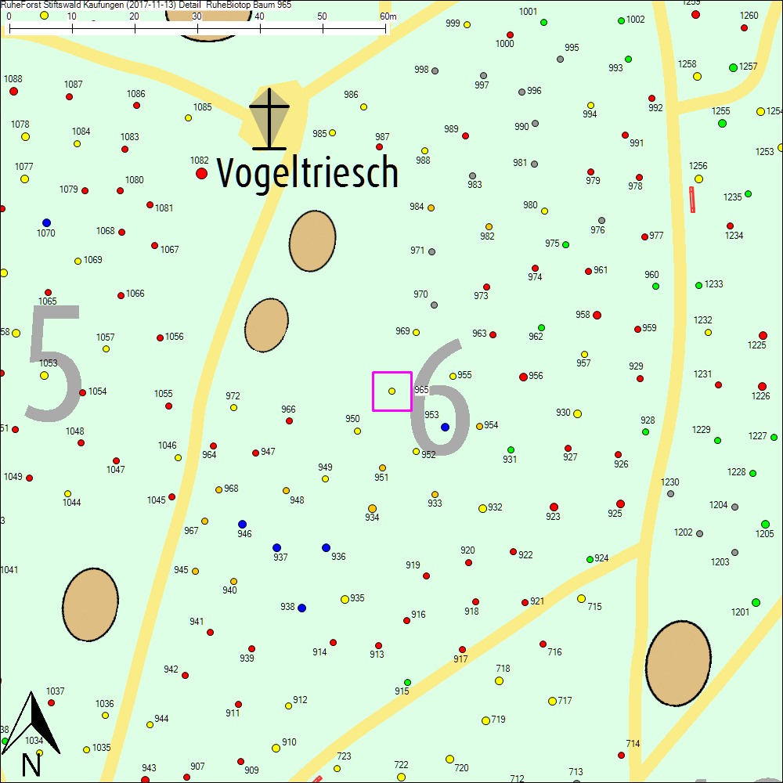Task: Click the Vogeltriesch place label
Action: [x=307, y=172]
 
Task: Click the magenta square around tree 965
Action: [x=392, y=391]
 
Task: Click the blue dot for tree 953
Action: [x=445, y=427]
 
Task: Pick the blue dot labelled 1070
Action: [x=46, y=222]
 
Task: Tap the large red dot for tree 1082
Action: [x=201, y=173]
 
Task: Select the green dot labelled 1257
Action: [x=734, y=67]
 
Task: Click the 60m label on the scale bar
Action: [x=388, y=16]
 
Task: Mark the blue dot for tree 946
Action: [x=242, y=524]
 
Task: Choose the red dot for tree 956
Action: [x=523, y=377]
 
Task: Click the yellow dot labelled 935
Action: [x=345, y=599]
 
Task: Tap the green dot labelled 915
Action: [x=407, y=682]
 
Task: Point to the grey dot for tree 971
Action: [x=431, y=252]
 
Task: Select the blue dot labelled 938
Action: [x=301, y=608]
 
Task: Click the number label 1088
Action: [x=13, y=79]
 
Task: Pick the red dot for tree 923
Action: [x=554, y=507]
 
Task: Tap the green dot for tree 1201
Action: [x=756, y=602]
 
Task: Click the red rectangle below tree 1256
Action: [x=692, y=200]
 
